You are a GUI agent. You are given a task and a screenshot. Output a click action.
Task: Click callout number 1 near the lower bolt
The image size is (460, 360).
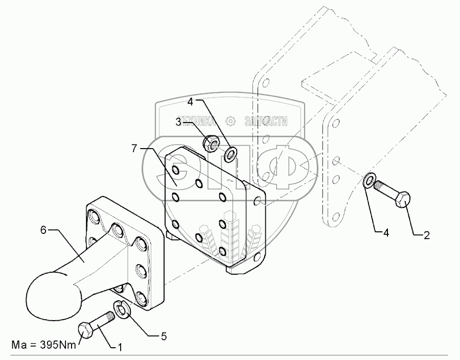click(120, 348)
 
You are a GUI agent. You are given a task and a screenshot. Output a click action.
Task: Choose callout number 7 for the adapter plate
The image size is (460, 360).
click(134, 148)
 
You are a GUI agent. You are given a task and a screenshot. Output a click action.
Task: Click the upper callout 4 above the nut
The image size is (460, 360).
click(190, 102)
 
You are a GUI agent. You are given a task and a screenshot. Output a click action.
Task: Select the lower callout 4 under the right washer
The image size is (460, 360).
click(386, 233)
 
